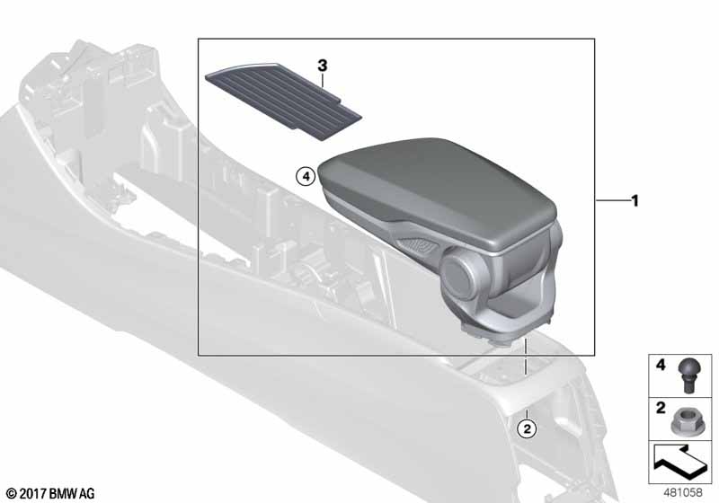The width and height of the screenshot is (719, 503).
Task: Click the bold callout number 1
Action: [x=635, y=200]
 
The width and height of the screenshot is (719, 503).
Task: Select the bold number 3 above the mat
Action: [x=322, y=65]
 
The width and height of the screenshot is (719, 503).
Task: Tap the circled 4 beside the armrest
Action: [x=306, y=177]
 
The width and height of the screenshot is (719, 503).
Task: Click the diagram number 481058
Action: [x=685, y=492]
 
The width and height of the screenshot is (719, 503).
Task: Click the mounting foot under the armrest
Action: [x=493, y=333]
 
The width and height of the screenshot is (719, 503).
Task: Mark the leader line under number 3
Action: [x=322, y=83]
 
